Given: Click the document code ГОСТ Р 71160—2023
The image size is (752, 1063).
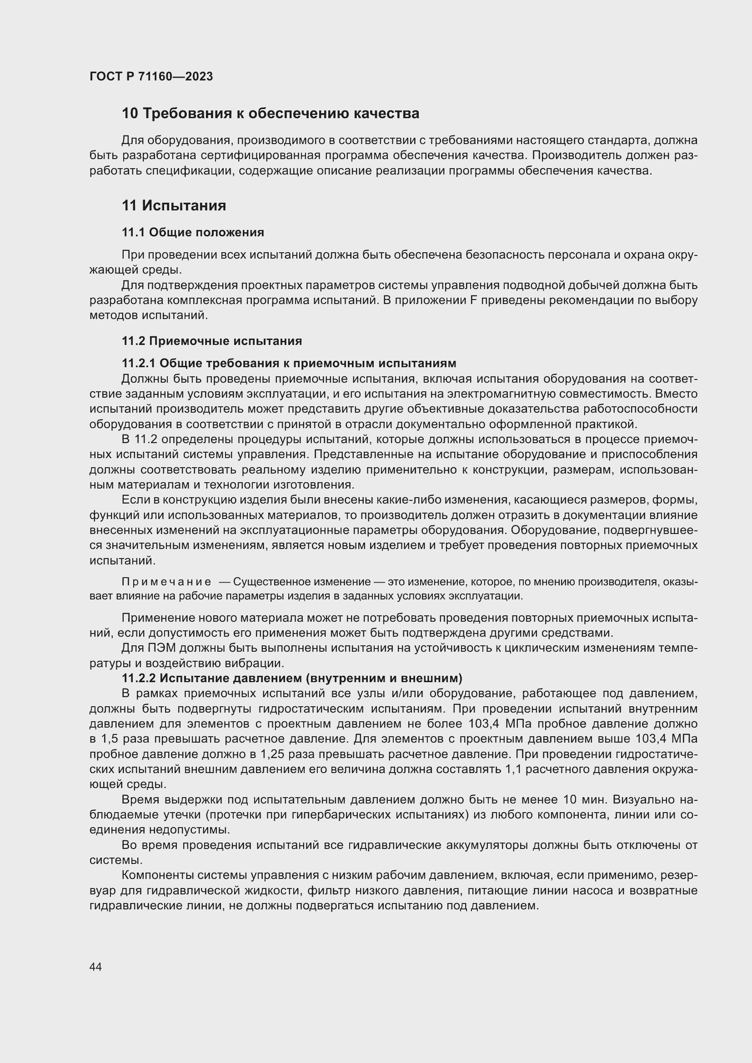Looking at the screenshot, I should coord(151,76).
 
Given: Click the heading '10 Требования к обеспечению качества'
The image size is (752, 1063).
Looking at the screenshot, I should coord(270,114).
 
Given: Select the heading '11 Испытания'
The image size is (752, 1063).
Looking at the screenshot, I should coord(174,205).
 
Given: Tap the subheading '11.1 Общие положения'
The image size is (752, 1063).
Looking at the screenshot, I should coord(193,232).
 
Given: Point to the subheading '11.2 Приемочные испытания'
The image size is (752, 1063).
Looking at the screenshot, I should coord(211,341).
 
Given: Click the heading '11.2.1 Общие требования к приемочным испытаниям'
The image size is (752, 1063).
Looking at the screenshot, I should coord(289,363).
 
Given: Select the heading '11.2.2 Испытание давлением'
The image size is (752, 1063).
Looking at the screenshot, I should coord(292,678).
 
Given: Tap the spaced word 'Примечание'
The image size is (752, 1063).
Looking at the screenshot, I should coord(166,582).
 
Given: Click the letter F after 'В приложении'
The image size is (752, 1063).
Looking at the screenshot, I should coord(473,300).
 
